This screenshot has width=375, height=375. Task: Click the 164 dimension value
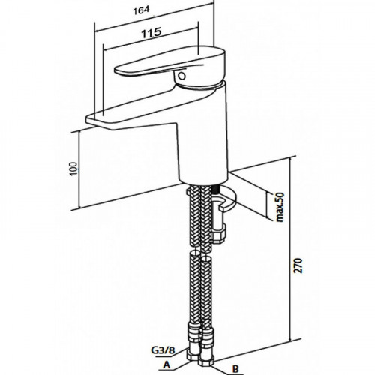click(141, 10)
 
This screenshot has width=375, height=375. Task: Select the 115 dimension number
click(151, 33)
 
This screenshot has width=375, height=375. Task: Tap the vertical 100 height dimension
click(73, 169)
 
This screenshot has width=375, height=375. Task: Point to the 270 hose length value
click(299, 265)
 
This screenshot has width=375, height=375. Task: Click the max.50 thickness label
click(280, 207)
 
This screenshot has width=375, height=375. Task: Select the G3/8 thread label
click(163, 350)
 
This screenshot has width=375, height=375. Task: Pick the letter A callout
click(166, 365)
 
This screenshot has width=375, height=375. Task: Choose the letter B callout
click(235, 369)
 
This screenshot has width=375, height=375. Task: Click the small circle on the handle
click(181, 76)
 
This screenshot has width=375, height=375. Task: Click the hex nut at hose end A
click(193, 355)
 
